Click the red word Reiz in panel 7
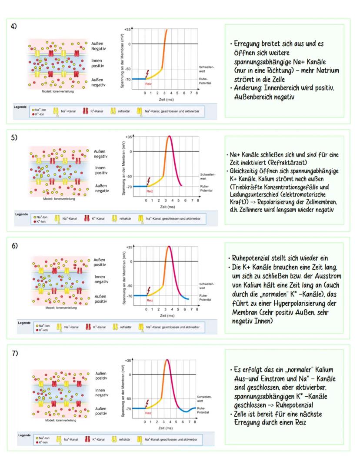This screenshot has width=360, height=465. pos(149,413)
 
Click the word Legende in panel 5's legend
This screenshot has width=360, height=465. pos(22,214)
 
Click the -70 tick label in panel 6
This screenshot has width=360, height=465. pos(128,295)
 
